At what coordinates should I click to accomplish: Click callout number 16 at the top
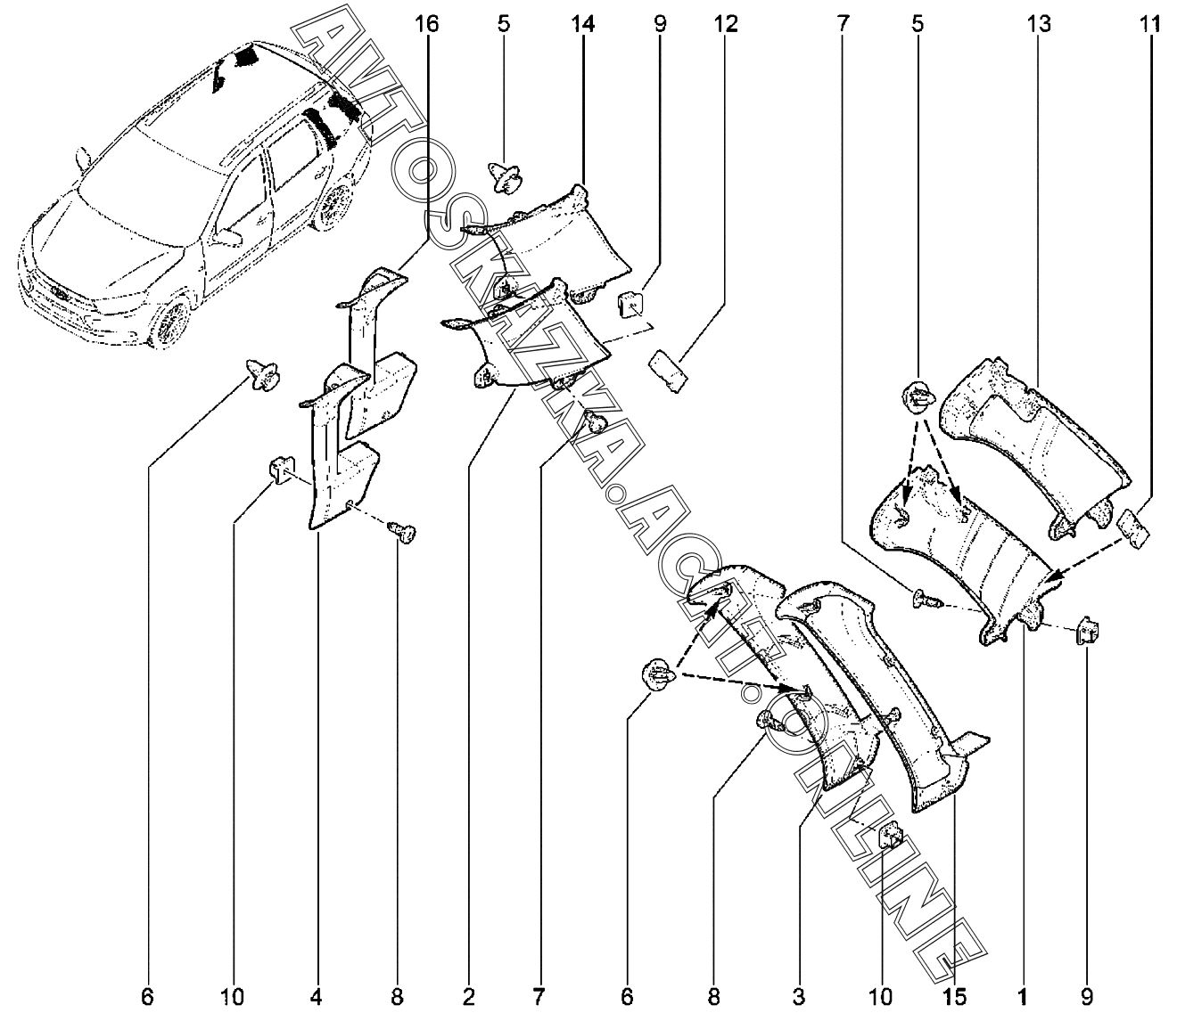(427, 24)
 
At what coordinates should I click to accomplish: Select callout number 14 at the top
(582, 24)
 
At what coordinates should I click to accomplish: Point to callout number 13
(1038, 24)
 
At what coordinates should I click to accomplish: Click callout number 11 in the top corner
(1149, 24)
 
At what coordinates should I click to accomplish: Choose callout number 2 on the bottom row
(469, 995)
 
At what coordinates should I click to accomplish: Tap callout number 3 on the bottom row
(798, 995)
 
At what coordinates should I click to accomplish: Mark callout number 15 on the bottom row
(955, 995)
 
